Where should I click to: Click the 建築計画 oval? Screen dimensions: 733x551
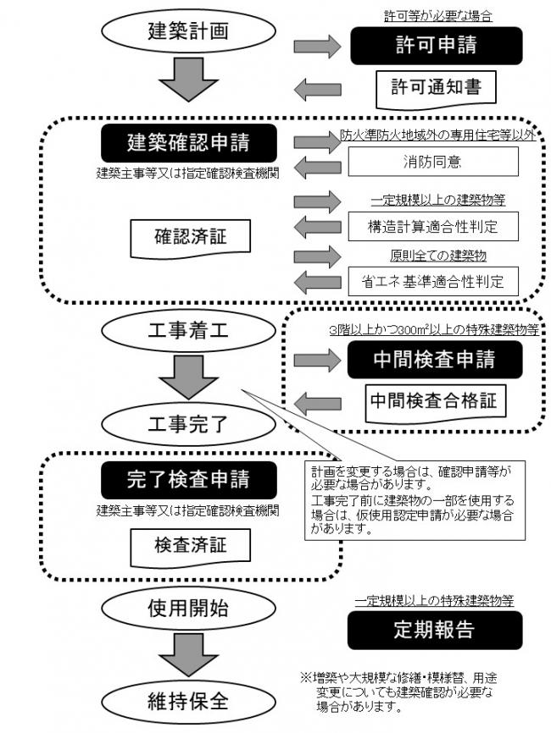177,32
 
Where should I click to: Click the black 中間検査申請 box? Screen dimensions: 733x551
432,360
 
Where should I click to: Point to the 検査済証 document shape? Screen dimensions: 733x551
191,546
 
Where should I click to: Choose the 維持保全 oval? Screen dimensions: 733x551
177,702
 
